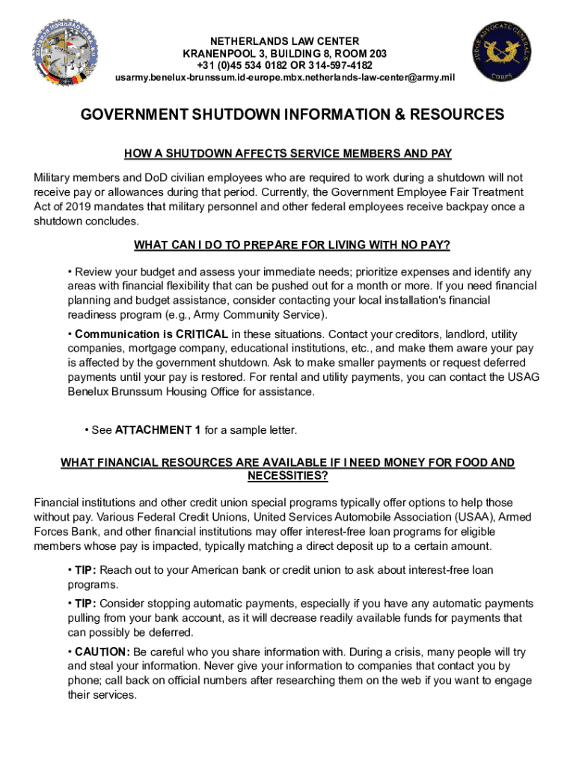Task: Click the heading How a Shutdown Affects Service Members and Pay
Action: [x=287, y=154]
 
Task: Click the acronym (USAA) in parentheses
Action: [x=470, y=517]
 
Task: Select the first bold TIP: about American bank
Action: [x=85, y=571]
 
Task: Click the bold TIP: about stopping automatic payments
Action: [x=85, y=604]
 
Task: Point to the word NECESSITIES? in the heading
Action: [x=287, y=476]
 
